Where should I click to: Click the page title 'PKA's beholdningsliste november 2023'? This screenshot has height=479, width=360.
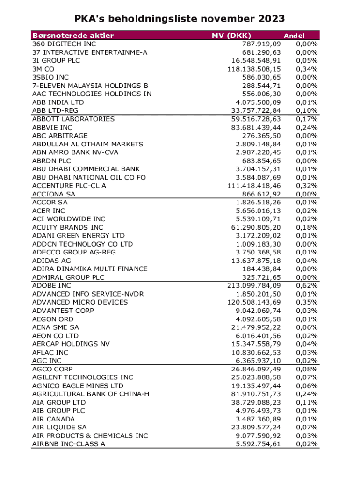tap(180, 19)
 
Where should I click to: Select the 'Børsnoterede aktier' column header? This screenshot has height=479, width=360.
tap(73, 36)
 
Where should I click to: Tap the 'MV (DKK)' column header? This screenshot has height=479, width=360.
tap(231, 36)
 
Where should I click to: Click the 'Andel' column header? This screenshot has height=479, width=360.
tap(294, 36)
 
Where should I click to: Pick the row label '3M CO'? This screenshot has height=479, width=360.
tap(43, 69)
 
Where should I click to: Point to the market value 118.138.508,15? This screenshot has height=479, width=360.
tap(254, 69)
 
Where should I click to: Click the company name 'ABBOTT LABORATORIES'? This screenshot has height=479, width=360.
tap(73, 119)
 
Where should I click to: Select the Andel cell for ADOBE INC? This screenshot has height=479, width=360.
tap(307, 285)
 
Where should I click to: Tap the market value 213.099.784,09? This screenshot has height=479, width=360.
tap(254, 285)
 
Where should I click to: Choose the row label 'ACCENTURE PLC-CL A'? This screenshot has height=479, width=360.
tap(69, 186)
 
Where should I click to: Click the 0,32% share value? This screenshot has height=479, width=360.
tap(307, 186)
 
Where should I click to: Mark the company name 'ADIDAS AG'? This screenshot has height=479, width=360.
tap(51, 261)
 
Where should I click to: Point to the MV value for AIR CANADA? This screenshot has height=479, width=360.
tap(259, 419)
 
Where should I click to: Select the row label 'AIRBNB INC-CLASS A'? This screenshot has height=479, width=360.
tap(69, 444)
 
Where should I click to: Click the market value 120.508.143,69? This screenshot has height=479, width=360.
tap(254, 302)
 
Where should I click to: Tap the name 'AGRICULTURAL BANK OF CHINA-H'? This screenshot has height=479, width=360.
tap(91, 394)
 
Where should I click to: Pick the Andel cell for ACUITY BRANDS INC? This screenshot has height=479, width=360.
tap(307, 227)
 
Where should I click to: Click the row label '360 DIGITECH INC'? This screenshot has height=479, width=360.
tap(64, 44)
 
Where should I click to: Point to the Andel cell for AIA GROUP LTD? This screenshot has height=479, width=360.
tap(307, 402)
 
